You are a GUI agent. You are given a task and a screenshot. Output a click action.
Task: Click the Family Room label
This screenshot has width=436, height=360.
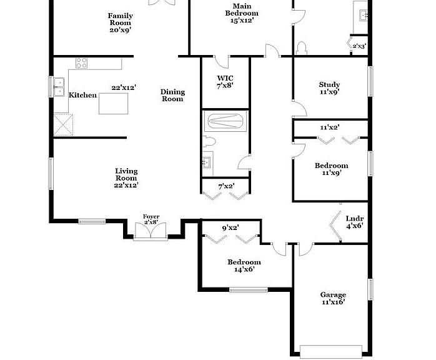120,19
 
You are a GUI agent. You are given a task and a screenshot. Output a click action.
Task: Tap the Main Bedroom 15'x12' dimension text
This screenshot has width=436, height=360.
242,20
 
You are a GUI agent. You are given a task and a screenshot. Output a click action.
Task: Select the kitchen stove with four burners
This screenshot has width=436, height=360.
81,63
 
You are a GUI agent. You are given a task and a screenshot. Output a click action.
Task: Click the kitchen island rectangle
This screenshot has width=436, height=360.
114,104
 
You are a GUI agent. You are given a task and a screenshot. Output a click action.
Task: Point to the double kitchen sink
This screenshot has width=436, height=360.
59,87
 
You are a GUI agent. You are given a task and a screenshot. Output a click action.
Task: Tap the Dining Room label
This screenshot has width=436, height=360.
172,95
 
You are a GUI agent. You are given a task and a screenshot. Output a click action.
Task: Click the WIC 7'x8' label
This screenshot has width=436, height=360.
225,82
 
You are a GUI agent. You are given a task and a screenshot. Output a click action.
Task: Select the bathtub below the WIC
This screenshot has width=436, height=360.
225,121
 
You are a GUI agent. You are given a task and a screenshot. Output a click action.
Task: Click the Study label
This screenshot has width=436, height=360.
330,84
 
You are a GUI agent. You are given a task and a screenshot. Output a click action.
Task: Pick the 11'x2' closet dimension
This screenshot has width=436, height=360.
330,127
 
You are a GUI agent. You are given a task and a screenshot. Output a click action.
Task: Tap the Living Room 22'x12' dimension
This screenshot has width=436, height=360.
126,185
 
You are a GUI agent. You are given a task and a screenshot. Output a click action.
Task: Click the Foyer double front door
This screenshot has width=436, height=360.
151,231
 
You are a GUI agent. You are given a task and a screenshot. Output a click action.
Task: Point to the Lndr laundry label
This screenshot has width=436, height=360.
355,218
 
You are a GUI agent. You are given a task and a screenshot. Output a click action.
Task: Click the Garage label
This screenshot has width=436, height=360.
333,294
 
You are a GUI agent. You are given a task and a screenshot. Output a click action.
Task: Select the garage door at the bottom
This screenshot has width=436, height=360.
331,352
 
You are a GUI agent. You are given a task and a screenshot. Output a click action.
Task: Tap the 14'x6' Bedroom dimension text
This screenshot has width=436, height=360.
244,269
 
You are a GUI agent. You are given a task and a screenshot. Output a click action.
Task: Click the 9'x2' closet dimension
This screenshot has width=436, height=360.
230,228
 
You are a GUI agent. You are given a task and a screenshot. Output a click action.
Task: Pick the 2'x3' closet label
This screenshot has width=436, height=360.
359,46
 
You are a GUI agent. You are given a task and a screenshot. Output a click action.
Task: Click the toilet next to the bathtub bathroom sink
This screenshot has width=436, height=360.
209,141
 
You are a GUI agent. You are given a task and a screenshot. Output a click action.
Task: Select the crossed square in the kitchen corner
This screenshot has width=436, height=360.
63,124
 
